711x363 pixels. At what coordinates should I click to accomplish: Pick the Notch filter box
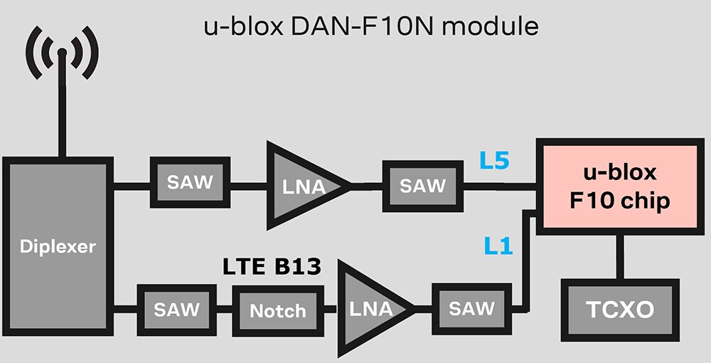tap(278, 310)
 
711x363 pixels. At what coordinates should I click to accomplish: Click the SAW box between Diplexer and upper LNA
tap(190, 182)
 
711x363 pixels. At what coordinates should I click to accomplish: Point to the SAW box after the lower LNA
tap(471, 308)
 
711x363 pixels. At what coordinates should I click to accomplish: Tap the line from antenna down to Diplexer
tap(63, 121)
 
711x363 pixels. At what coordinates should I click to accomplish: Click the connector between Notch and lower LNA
tap(331, 310)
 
